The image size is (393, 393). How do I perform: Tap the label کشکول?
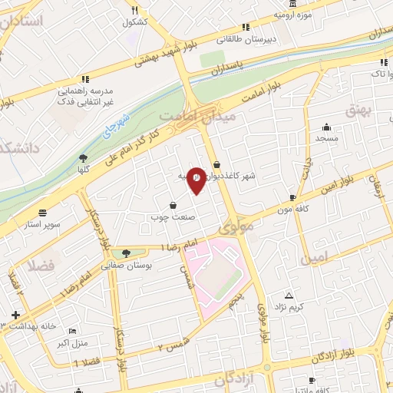pos(134,22)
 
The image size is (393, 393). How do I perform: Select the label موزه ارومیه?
pos(295,15)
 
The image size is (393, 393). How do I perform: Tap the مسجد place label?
pos(327,138)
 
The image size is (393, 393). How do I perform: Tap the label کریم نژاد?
pos(290,307)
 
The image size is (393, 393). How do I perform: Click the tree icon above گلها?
pos(83,158)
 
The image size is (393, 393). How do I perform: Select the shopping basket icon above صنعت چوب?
pos(171,205)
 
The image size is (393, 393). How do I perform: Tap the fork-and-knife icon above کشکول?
pos(134,10)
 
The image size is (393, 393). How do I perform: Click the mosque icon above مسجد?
pos(327,127)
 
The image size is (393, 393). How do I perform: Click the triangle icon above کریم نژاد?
pos(289,296)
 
